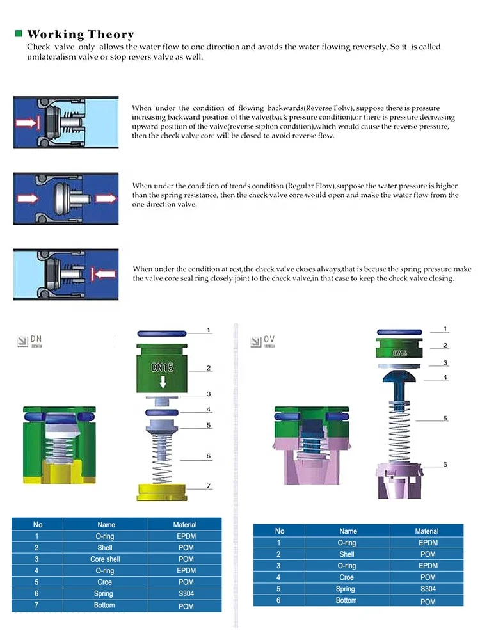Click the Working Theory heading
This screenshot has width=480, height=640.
tap(81, 35)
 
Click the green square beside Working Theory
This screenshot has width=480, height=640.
tap(19, 33)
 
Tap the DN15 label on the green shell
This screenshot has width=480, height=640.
tap(163, 368)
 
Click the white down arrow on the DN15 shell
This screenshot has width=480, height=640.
tap(163, 382)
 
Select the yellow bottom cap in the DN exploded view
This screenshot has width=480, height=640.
tap(163, 492)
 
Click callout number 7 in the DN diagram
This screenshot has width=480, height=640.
tap(208, 486)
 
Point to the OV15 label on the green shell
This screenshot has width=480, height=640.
tap(401, 353)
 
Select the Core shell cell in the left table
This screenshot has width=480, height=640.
tap(105, 559)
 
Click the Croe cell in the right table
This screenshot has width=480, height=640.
tap(347, 577)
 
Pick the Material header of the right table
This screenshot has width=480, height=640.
tap(427, 531)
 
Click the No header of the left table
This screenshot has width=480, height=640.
tap(38, 525)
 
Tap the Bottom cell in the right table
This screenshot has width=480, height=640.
tap(347, 600)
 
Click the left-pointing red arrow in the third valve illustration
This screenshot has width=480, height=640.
tap(104, 274)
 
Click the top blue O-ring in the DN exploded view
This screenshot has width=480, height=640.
tap(162, 333)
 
